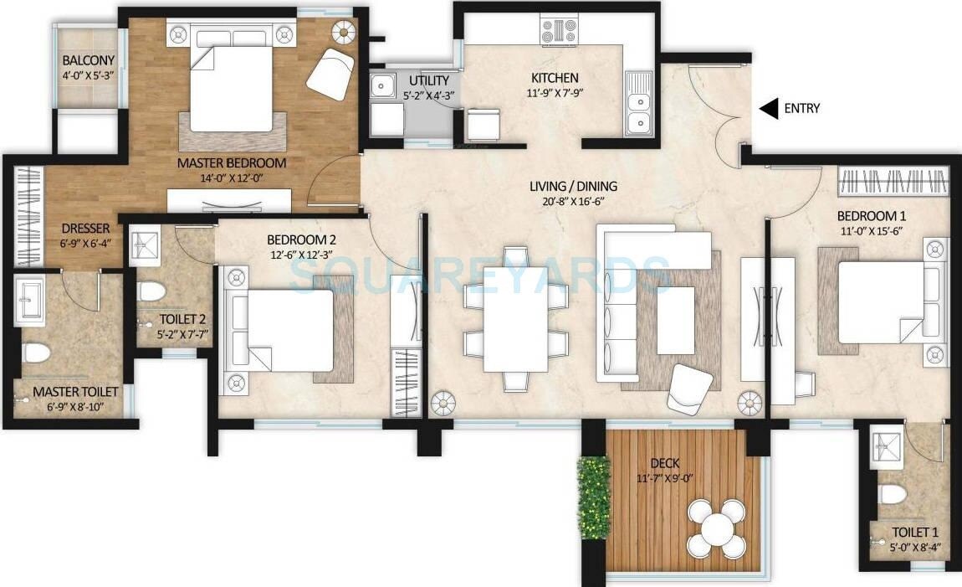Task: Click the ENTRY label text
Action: (x=801, y=108)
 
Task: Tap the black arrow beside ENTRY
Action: (x=768, y=108)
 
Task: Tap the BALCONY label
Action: (x=88, y=60)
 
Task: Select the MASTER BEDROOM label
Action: (x=232, y=162)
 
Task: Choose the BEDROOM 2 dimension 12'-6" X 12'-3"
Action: (x=301, y=253)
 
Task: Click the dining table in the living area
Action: (x=514, y=319)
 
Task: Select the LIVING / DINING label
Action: (x=572, y=186)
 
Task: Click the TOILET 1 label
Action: (x=914, y=532)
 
